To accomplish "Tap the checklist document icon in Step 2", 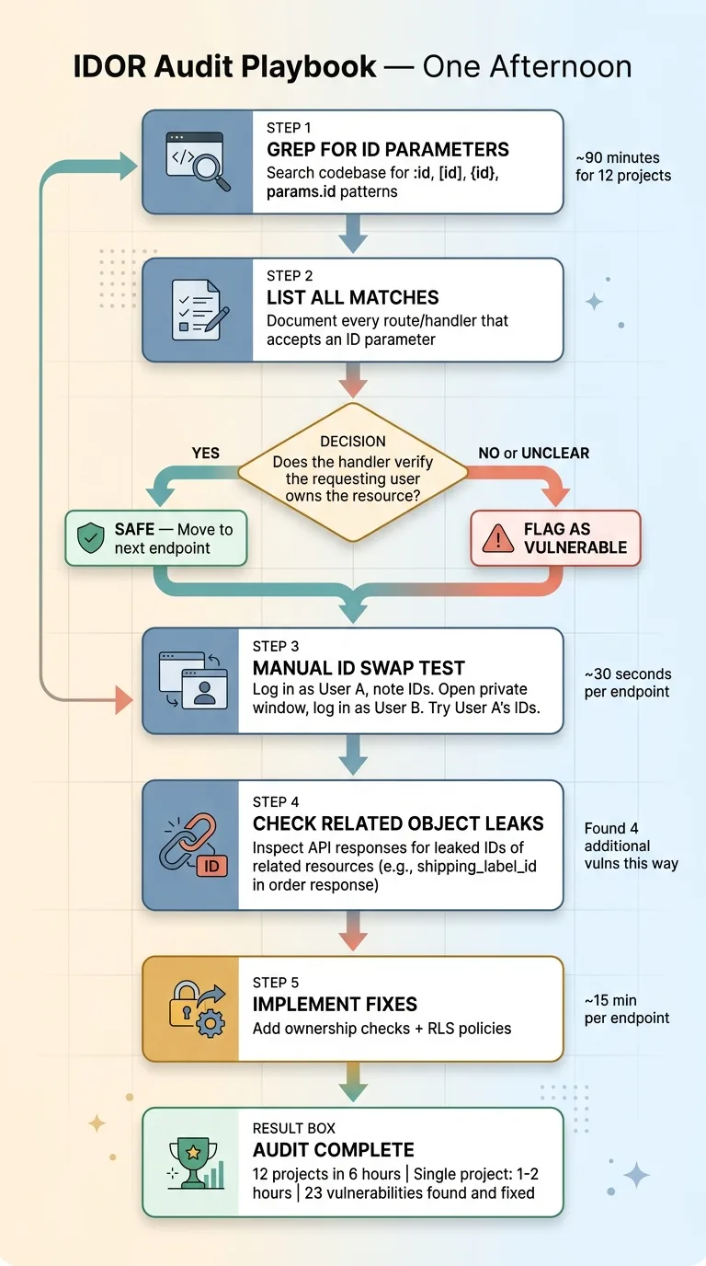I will point(198,309).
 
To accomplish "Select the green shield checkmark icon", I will point(90,538).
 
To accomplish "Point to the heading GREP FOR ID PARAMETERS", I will point(387,149).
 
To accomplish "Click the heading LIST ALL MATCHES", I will point(353,297).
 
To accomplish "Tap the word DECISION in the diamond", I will point(353,442).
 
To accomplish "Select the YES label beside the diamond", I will point(206,453).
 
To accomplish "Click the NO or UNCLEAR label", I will point(534,453).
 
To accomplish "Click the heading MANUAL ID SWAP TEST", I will point(359,668).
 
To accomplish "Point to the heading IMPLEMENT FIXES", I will point(335,1004).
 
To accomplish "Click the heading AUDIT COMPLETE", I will point(333,1149).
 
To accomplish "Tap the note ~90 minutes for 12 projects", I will point(623,167).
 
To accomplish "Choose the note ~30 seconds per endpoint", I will point(628,683).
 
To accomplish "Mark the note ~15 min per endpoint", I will point(626,1008).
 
